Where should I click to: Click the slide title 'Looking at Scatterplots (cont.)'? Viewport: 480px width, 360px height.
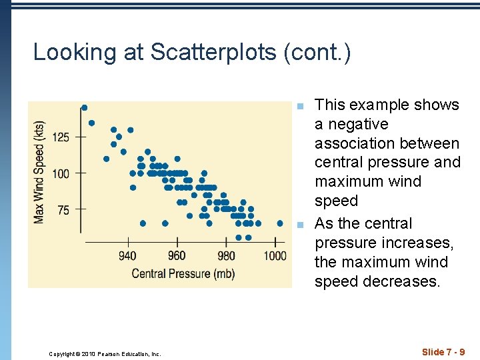coord(192,53)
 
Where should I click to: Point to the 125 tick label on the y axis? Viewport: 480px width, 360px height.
coord(61,137)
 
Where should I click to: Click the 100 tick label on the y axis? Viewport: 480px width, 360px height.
coord(61,174)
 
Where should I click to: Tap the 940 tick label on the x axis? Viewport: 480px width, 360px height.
coord(127,256)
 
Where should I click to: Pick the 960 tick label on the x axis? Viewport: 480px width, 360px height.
coord(177,256)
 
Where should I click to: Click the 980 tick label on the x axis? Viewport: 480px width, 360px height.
coord(226,256)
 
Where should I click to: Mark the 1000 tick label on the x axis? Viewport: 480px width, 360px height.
coord(275,256)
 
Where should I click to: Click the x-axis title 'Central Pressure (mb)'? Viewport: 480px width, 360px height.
coord(179,274)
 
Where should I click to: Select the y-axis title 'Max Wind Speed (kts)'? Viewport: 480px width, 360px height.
coord(39,172)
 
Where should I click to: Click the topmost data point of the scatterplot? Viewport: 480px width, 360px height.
coord(84,107)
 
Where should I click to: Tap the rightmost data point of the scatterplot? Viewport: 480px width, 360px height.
coord(279,223)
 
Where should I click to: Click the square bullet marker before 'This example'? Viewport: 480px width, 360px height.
coord(300,106)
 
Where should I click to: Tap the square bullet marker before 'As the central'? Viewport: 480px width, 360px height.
coord(300,225)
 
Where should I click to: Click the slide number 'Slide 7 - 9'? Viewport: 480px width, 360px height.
coord(443,351)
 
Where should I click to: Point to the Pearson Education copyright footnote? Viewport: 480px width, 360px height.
coord(105,354)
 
